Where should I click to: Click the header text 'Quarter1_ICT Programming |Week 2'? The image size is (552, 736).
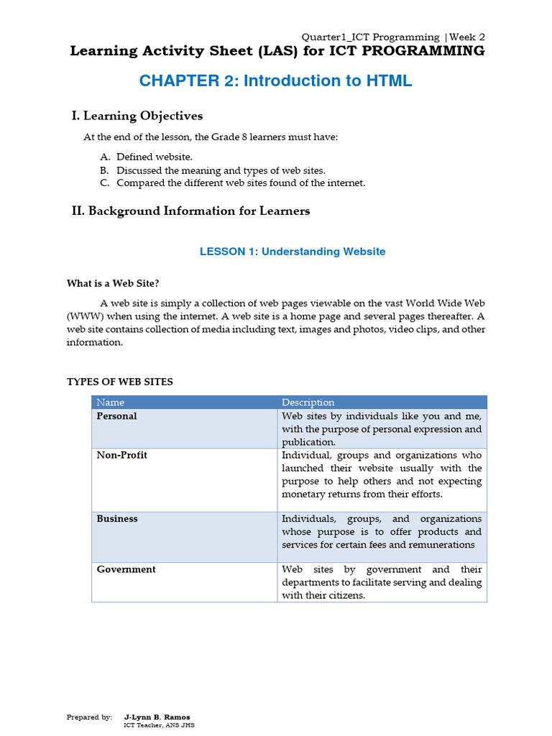tap(393, 37)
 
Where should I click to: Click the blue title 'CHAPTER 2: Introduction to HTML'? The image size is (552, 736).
tap(275, 80)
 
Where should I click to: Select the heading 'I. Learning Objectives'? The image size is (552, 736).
tap(137, 116)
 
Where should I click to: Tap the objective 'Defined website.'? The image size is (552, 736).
tap(155, 157)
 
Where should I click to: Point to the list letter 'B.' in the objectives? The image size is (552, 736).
tap(104, 170)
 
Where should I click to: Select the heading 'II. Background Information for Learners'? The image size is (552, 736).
tap(191, 211)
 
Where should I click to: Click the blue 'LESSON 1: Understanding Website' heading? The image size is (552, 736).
tap(292, 252)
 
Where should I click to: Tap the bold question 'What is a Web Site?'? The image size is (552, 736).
tap(118, 283)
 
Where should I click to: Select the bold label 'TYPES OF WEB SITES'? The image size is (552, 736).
tap(120, 382)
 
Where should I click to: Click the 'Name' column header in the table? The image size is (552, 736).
tap(110, 402)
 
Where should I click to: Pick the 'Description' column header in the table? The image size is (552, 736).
tap(308, 402)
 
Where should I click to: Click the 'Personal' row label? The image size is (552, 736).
tap(116, 416)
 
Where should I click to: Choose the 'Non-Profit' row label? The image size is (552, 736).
tap(121, 455)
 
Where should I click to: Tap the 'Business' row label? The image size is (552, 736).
tap(117, 519)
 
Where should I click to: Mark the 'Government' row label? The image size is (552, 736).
tap(126, 569)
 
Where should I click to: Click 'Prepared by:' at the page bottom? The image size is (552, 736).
tap(89, 717)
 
